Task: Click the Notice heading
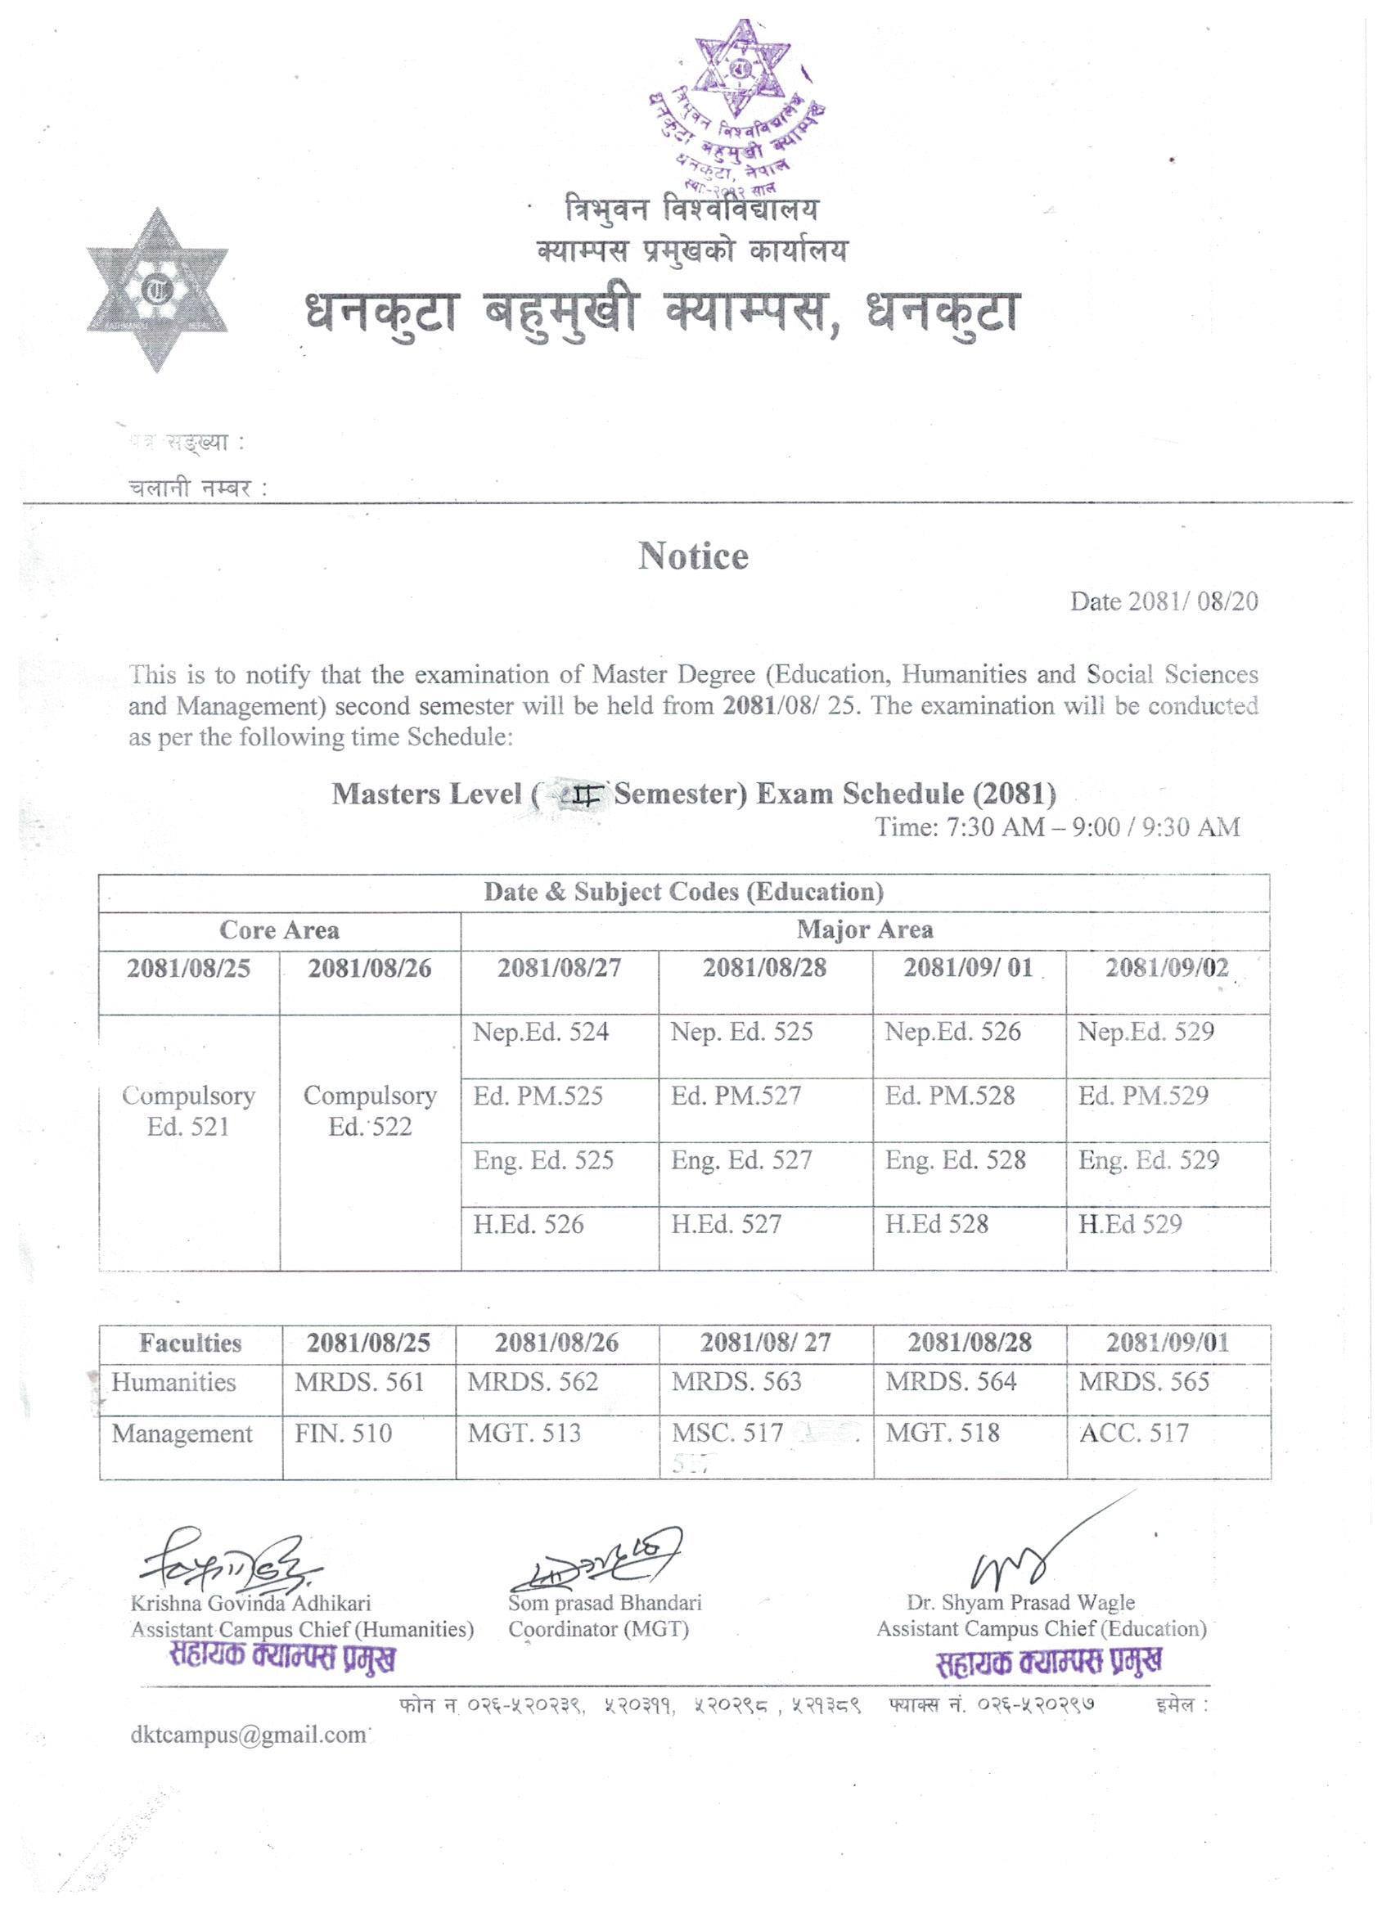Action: [692, 556]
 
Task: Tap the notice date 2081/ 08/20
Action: [1164, 601]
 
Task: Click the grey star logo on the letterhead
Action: [157, 291]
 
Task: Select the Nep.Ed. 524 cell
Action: [541, 1033]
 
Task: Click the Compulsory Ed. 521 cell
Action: [188, 1111]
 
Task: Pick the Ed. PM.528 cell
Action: [949, 1096]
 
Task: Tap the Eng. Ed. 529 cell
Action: [1148, 1159]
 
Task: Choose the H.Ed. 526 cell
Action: [529, 1224]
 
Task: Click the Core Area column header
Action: [279, 930]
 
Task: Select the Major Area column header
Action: [865, 930]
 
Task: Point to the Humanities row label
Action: [173, 1383]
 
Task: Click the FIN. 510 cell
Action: [344, 1433]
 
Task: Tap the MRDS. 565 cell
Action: [1144, 1382]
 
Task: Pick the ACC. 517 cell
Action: [1134, 1433]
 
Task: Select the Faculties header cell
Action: [191, 1343]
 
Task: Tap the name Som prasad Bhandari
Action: [605, 1603]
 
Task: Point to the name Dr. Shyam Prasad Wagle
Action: [1020, 1603]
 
